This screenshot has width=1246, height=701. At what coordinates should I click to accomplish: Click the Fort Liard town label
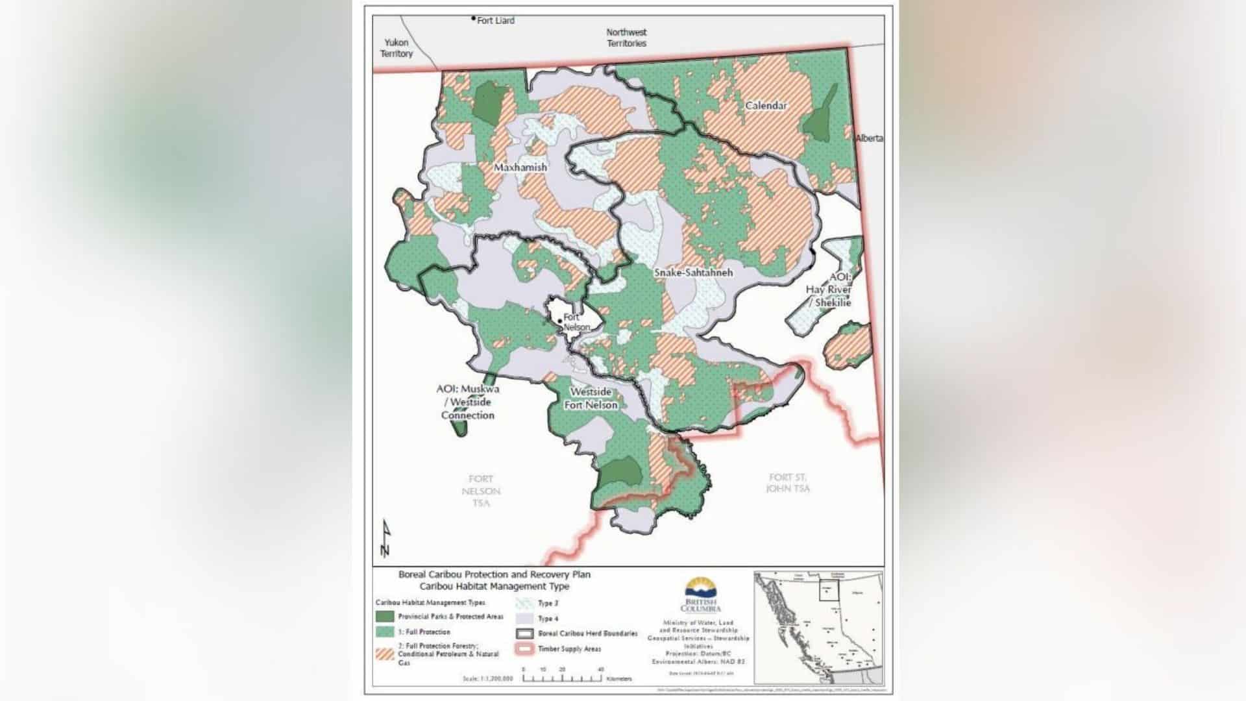[x=495, y=21]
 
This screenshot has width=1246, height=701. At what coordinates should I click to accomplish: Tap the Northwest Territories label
[x=626, y=38]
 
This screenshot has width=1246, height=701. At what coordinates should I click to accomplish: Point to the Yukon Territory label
[x=397, y=48]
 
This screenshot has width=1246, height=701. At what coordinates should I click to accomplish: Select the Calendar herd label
[x=766, y=105]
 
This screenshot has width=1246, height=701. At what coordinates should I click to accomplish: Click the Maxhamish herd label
[x=520, y=167]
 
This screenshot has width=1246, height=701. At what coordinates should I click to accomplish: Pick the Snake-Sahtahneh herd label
[x=692, y=273]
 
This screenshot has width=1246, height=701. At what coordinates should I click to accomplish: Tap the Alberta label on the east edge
[x=869, y=138]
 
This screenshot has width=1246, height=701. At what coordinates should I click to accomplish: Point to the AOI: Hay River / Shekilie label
[x=829, y=289]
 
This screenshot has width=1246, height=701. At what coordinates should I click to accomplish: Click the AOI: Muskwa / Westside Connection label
[x=467, y=402]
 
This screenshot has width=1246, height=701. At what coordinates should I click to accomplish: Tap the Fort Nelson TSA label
[x=481, y=491]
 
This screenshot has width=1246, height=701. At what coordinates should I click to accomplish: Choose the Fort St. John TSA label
[x=788, y=483]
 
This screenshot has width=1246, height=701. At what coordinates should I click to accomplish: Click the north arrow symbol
[x=385, y=539]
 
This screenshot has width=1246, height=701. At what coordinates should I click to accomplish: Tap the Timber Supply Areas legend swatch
[x=526, y=648]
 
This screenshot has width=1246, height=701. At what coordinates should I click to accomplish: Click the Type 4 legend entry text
[x=548, y=619]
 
